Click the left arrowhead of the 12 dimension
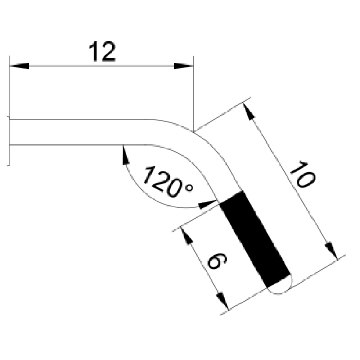coord(19,66)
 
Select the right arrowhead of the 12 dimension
coord(184,66)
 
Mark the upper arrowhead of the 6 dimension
coord(187,236)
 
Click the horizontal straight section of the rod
coord(81,132)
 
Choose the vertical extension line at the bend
coord(193,94)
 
